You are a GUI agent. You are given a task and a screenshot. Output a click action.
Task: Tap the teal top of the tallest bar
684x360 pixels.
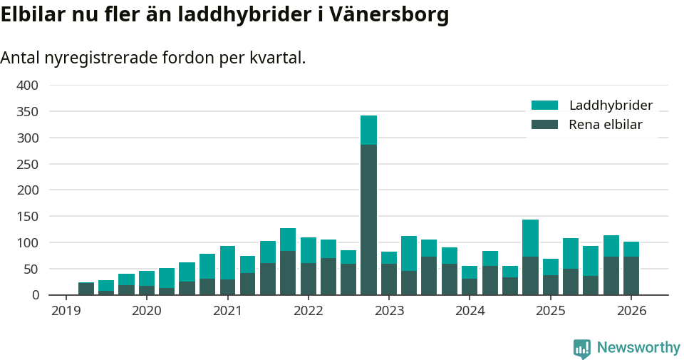pos(368,130)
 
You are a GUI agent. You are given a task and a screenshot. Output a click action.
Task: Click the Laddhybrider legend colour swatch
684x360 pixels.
pos(544,106)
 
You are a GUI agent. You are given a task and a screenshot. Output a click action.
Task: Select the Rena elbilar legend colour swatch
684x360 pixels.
pos(544,125)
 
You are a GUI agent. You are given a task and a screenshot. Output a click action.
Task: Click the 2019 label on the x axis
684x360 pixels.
pos(66,311)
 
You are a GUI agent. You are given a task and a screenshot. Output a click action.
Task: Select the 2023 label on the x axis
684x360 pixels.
pos(389,311)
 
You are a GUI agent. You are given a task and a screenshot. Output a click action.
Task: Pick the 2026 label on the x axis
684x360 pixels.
pos(631,311)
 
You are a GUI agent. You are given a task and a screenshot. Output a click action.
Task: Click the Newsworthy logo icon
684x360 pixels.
pos(581,348)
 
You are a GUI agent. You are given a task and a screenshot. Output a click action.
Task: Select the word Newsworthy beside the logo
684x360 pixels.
pos(638,348)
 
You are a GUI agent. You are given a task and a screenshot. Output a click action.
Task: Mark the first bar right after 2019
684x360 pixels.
pos(86,289)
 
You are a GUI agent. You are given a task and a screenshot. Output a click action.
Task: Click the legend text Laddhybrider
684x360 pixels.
pos(611,106)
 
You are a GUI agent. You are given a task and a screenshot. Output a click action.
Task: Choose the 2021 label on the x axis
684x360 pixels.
pos(227,311)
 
